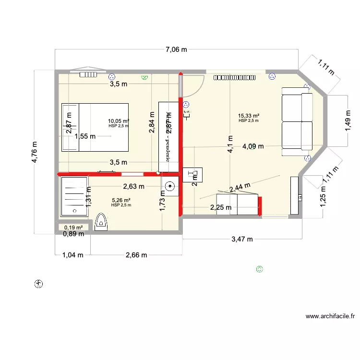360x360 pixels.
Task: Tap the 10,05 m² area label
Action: [118, 121]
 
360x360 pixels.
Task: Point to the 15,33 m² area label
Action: [249, 116]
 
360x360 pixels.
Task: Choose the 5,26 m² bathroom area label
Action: [121, 201]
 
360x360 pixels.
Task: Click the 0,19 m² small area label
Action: [73, 228]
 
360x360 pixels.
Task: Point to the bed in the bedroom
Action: [95, 127]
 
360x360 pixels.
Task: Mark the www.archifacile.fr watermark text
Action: [330, 317]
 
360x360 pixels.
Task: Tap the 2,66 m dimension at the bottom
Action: [136, 255]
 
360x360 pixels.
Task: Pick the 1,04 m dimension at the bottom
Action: [72, 255]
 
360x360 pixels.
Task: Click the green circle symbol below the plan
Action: [260, 269]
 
